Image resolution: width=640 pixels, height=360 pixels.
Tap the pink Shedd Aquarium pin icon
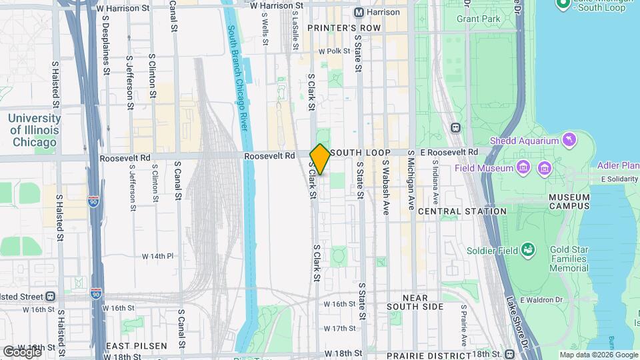(569, 140)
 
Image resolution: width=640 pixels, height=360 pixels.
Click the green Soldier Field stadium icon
(529, 249)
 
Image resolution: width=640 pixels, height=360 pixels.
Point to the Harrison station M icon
(359, 12)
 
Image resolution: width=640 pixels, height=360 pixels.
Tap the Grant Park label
(478, 19)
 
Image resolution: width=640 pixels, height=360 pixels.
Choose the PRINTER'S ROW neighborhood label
(343, 28)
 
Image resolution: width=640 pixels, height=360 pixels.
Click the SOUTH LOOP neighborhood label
(360, 153)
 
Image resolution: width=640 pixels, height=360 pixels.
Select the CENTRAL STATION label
(462, 211)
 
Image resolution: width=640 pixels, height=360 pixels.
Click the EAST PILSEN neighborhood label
(136, 347)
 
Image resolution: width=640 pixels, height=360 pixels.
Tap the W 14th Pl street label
(157, 256)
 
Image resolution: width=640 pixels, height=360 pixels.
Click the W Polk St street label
(334, 51)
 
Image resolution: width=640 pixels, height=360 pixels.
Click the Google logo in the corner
(22, 351)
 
